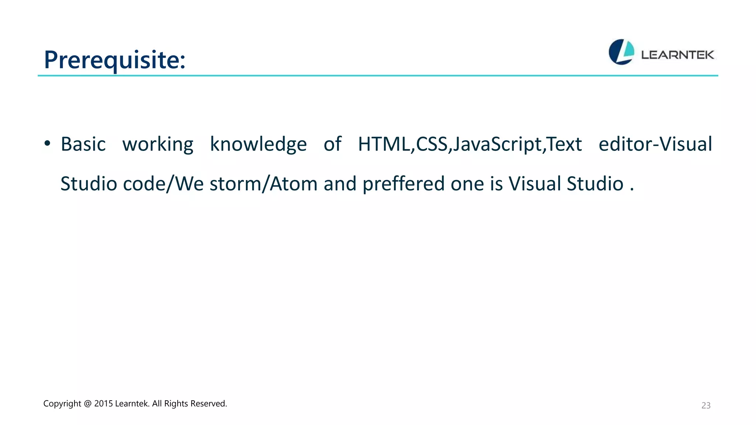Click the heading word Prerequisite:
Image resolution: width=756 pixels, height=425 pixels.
click(x=114, y=60)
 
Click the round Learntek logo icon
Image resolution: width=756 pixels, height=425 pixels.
click(x=621, y=52)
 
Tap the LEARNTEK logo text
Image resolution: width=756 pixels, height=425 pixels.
click(x=677, y=55)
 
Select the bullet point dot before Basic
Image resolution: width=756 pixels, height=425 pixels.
click(x=47, y=144)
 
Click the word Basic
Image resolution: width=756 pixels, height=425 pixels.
click(x=83, y=144)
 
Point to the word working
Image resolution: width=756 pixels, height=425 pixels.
click(x=158, y=144)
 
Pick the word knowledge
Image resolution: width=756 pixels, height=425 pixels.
click(x=258, y=144)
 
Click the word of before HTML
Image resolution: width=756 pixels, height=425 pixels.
click(x=332, y=144)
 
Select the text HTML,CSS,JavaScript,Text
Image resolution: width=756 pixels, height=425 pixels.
click(x=470, y=144)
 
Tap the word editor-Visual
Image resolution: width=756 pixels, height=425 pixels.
click(x=655, y=144)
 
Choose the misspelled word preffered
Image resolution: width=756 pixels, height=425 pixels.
click(x=403, y=184)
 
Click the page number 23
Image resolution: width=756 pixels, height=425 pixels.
click(x=706, y=405)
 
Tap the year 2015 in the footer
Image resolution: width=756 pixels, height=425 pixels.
click(x=103, y=404)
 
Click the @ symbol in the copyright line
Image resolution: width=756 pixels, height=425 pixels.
click(x=87, y=404)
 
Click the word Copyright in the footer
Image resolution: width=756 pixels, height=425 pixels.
click(x=62, y=404)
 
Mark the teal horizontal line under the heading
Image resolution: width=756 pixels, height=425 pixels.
click(x=378, y=76)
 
